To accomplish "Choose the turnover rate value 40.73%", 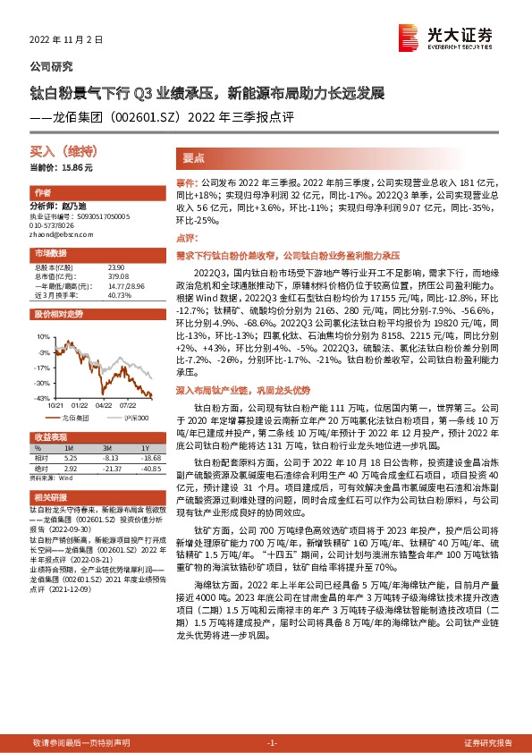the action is (119, 295).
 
